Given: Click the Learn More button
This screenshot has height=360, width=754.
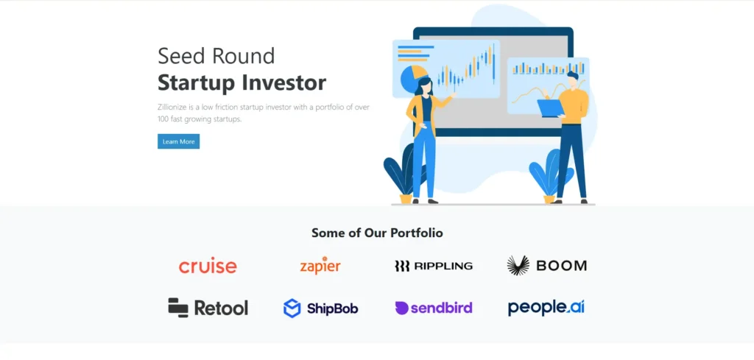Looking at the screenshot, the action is click(x=178, y=141).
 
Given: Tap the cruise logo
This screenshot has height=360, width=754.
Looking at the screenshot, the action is click(x=208, y=266).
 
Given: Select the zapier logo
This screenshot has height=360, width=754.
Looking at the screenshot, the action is click(x=320, y=265).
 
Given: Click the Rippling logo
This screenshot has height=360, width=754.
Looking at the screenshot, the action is click(x=434, y=266).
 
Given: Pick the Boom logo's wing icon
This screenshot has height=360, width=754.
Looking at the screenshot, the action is click(x=518, y=265).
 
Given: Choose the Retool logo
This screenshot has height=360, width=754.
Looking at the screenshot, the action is click(x=208, y=308).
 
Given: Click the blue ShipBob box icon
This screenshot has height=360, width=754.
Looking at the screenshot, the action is click(x=292, y=308).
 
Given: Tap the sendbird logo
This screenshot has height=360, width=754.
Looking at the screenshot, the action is click(x=434, y=308).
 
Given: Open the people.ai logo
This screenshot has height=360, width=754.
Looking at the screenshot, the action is click(x=546, y=308).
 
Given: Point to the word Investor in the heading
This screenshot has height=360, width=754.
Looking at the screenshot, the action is click(x=283, y=82).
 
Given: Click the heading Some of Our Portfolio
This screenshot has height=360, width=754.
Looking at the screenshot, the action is click(x=377, y=233).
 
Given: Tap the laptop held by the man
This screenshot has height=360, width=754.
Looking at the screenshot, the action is click(x=550, y=109).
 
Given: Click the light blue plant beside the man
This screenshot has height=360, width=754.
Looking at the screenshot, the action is click(x=549, y=172).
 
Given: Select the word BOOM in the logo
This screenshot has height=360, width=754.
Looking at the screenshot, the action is click(x=562, y=266).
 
